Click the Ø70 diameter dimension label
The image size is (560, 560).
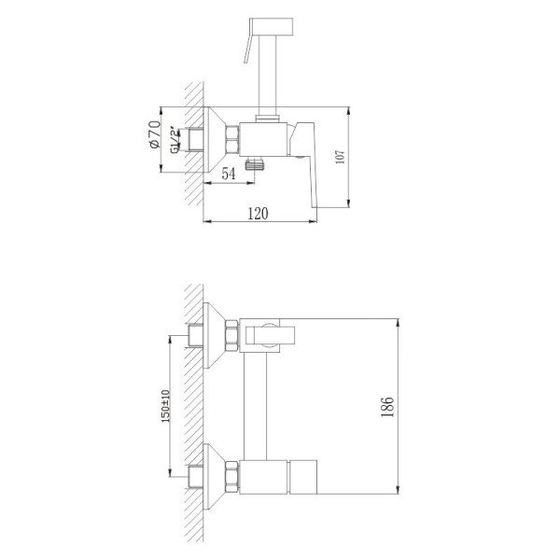click(155, 134)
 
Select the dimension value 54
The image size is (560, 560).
click(227, 173)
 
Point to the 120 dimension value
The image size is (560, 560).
click(258, 213)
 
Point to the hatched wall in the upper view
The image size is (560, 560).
click(194, 140)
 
